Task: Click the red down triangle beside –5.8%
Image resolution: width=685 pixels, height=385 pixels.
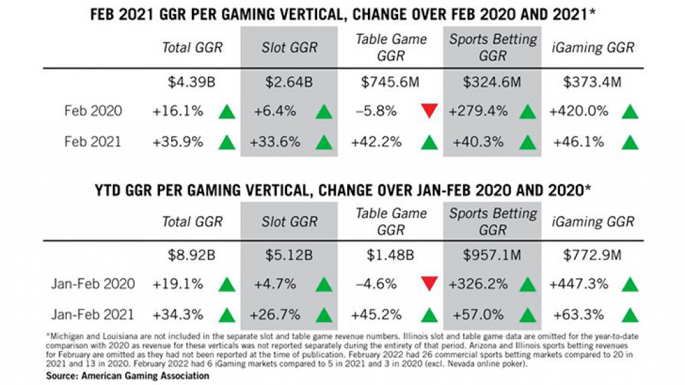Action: tap(428, 112)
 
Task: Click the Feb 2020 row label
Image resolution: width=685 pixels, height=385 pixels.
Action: tap(94, 111)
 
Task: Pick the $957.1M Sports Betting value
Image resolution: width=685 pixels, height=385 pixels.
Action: tap(494, 255)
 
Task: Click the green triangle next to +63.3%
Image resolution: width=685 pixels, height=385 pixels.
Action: tap(629, 314)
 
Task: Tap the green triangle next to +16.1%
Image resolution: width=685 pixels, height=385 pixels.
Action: tap(227, 112)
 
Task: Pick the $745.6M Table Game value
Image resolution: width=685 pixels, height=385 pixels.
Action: tap(391, 84)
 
